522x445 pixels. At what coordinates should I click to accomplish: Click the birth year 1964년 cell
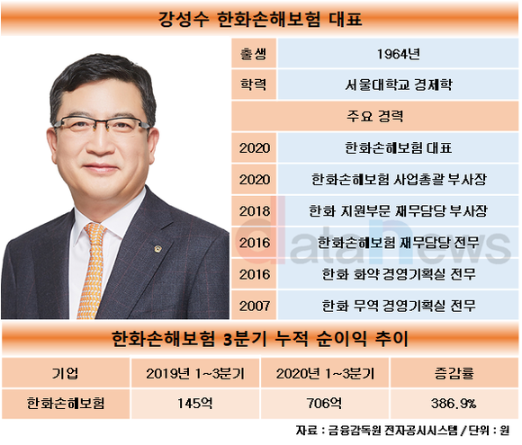pos(398,54)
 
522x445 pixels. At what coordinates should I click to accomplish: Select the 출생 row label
pos(254,54)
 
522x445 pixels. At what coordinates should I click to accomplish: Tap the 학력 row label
pos(254,85)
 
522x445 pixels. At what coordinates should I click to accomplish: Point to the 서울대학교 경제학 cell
pos(398,85)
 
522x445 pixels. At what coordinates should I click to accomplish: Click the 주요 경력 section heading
pos(375,116)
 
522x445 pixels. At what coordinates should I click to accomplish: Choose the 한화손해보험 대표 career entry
pos(398,147)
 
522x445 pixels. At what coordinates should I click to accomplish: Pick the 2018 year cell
pos(255,211)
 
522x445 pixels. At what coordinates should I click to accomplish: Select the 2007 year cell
pos(255,306)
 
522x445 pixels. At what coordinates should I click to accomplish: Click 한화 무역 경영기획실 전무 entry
pos(398,306)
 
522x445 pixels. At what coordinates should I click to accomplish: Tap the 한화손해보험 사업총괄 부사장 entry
pos(398,179)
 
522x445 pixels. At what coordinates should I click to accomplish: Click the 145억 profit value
pos(195,404)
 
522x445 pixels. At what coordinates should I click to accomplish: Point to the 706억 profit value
pos(324,404)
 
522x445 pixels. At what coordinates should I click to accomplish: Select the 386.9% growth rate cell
pos(454,404)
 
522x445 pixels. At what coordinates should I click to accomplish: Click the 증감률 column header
pos(454,373)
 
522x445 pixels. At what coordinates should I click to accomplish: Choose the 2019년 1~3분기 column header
pos(195,373)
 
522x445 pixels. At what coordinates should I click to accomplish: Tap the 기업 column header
pos(65,373)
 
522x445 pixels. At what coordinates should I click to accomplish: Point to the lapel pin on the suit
pos(157,249)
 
